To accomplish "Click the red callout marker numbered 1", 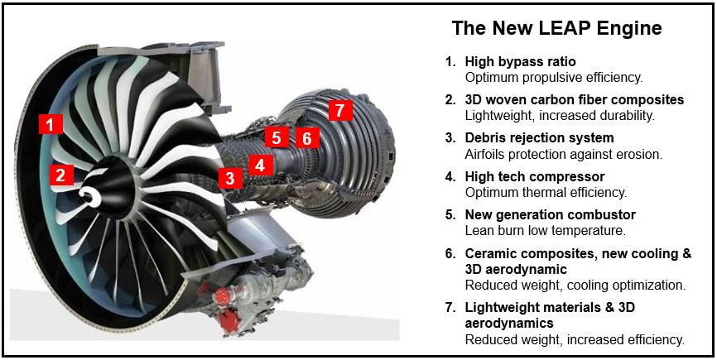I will (51, 125).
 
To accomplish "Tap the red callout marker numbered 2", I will (60, 175).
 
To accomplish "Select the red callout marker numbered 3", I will (230, 177).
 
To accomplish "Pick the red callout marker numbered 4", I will (260, 165).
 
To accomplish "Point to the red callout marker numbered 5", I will (277, 137).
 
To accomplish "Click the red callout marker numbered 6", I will (306, 137).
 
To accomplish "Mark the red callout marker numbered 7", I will (339, 110).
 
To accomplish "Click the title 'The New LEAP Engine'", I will (556, 28).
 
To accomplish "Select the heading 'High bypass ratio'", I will (520, 61).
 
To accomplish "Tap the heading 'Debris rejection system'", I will (539, 137).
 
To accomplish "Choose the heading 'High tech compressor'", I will (534, 176).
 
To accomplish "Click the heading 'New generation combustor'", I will (550, 214).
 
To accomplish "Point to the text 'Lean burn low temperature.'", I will (545, 230).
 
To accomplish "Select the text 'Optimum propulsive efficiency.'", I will (553, 77).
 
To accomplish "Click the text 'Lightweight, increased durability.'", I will (560, 116).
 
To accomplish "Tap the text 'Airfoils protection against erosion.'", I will (563, 154).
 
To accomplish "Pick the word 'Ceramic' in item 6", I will (491, 253).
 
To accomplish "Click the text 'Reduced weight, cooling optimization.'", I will (575, 285).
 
